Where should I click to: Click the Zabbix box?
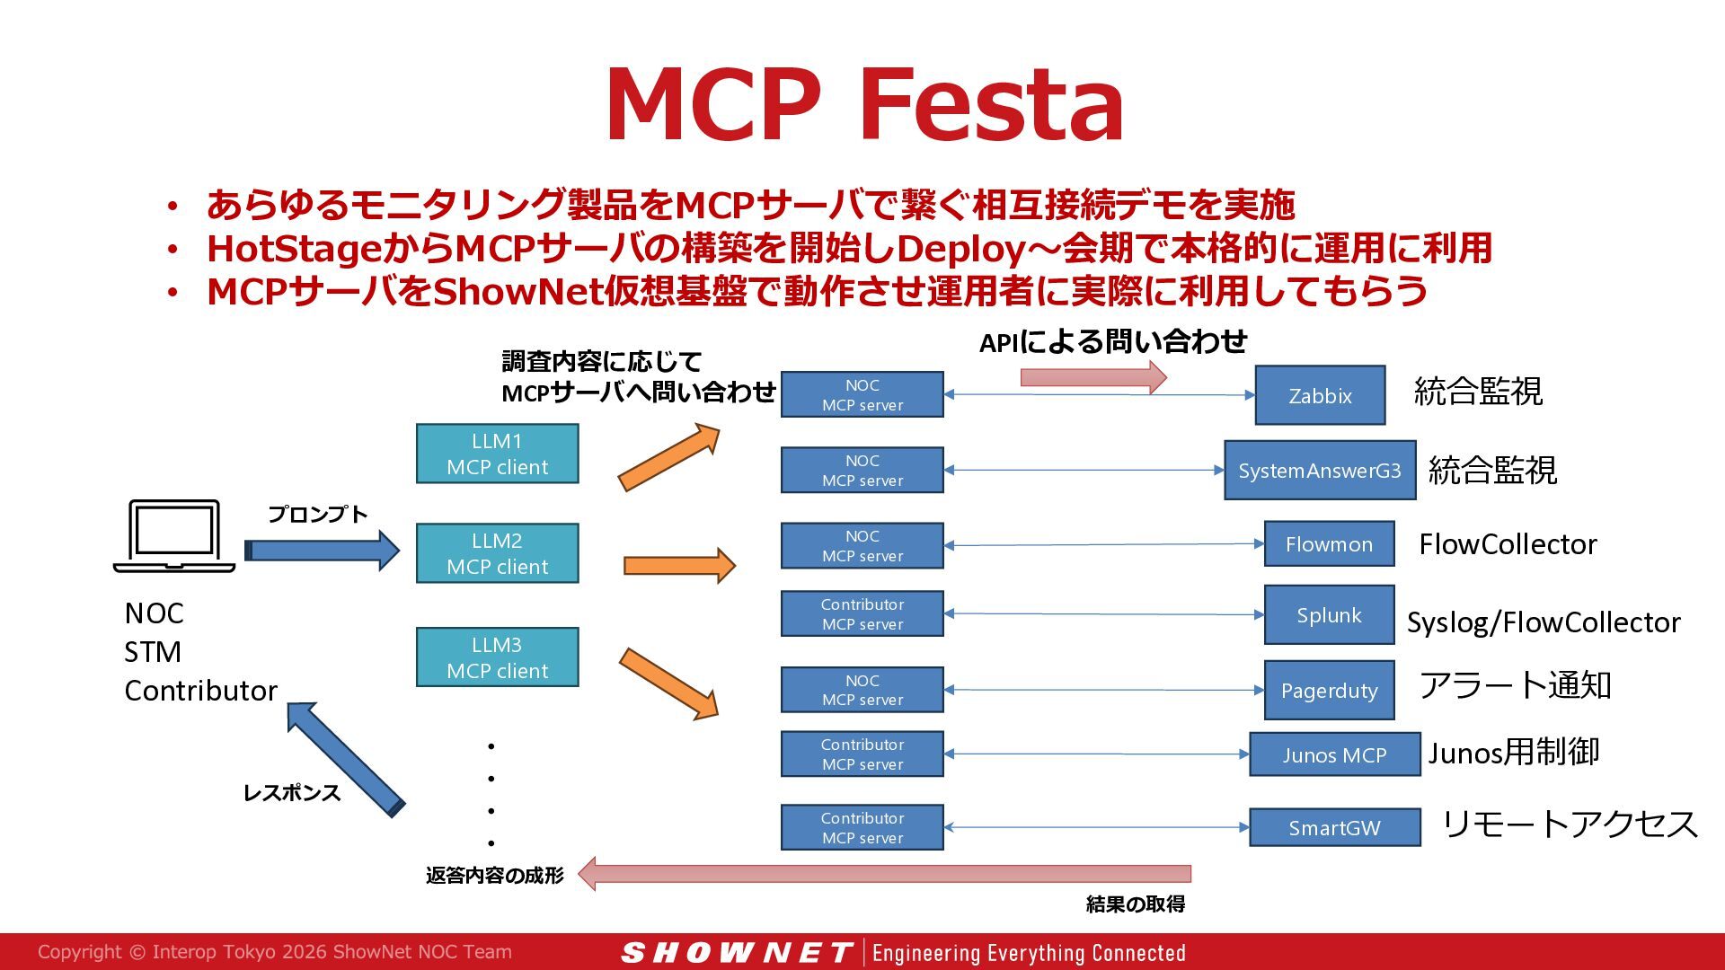point(1320,395)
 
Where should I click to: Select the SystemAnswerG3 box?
point(1320,470)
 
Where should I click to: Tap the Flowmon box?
point(1329,543)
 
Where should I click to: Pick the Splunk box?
point(1329,614)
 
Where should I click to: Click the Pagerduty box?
point(1329,690)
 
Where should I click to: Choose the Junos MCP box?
point(1334,754)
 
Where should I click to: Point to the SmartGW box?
point(1334,827)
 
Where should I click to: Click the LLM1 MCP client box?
point(497,454)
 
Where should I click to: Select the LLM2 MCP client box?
point(497,553)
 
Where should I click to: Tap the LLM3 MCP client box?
point(497,657)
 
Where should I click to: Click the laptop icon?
point(174,536)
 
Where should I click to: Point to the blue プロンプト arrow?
point(322,551)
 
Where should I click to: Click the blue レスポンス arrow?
point(345,759)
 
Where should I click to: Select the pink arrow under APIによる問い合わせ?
point(1093,377)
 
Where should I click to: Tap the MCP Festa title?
point(865,104)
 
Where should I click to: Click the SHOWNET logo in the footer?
point(737,952)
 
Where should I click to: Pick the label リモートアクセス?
point(1570,824)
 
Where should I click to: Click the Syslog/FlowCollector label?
point(1544,622)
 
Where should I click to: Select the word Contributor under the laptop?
point(200,690)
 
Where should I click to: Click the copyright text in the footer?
point(275,952)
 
